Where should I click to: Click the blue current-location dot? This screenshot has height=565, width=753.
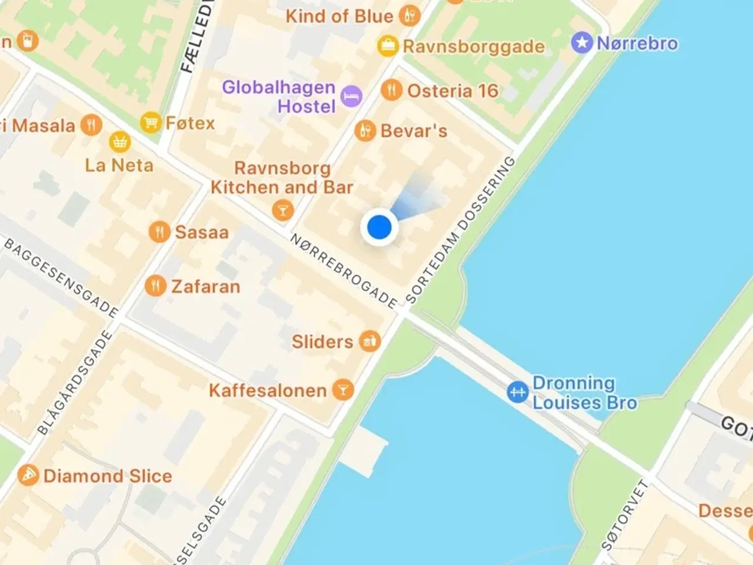tap(379, 227)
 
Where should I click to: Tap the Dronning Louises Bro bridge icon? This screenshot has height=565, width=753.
tap(518, 392)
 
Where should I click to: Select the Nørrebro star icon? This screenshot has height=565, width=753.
tap(582, 43)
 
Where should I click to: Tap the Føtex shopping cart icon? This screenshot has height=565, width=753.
tap(151, 122)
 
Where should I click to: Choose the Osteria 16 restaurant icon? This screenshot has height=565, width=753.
tap(391, 90)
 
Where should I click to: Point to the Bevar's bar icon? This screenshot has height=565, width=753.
tap(365, 130)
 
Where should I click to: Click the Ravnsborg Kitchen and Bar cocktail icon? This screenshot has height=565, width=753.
tap(283, 210)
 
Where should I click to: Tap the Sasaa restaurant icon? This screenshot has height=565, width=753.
tap(159, 232)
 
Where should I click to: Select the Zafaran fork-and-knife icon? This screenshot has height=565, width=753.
tap(155, 286)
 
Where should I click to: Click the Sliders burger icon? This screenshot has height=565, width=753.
tap(370, 341)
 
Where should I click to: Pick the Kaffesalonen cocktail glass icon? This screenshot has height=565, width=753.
tap(343, 390)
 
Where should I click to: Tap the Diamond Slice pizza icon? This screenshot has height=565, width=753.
tap(28, 475)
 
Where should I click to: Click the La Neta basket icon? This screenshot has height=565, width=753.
tap(120, 142)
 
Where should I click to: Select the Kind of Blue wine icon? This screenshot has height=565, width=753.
tap(409, 15)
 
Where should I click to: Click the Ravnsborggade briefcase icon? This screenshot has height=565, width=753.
tap(388, 46)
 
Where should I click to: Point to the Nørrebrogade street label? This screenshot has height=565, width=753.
tap(344, 271)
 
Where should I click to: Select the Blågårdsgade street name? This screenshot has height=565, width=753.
tap(75, 383)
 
